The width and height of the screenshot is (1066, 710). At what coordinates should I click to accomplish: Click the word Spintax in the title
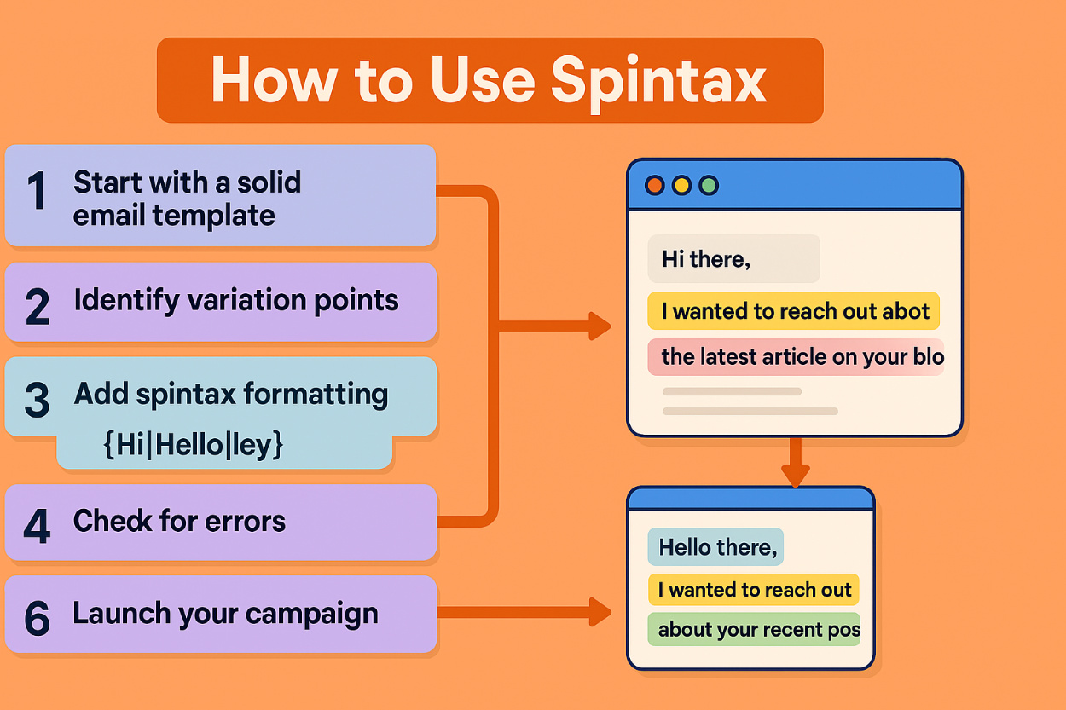coord(658,81)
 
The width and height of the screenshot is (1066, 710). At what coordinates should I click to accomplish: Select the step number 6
coord(37,617)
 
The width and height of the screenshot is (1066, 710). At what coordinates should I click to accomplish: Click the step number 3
coord(37,401)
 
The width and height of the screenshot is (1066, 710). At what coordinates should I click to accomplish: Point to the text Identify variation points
coord(236,301)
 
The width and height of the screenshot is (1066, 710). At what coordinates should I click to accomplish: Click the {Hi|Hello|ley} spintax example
coord(193,445)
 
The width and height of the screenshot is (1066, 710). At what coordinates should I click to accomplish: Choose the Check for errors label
coord(179,522)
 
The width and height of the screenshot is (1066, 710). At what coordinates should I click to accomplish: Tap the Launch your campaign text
coord(225,614)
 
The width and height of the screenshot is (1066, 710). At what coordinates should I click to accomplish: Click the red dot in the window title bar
coord(655,185)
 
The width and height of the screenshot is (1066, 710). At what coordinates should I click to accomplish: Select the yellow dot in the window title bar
coord(681,185)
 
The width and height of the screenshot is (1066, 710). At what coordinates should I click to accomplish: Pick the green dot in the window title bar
coord(708,185)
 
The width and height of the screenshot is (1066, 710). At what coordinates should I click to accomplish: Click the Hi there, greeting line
coord(706,260)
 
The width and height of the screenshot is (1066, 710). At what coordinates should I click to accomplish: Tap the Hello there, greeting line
coord(718,547)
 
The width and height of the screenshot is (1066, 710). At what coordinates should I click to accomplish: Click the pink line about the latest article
coord(802,357)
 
